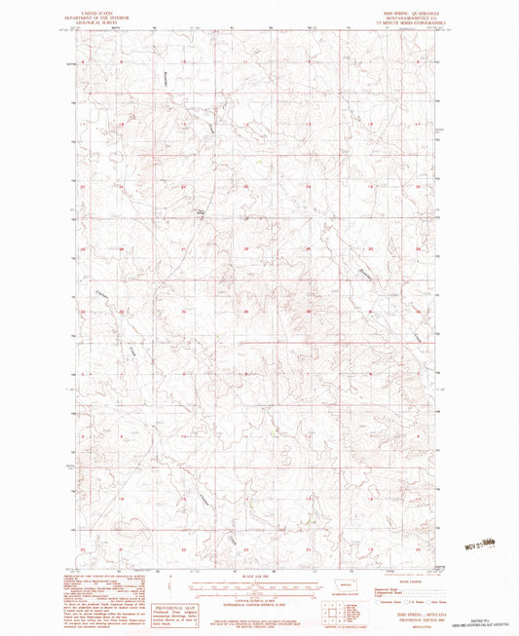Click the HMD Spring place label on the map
(203, 211)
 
